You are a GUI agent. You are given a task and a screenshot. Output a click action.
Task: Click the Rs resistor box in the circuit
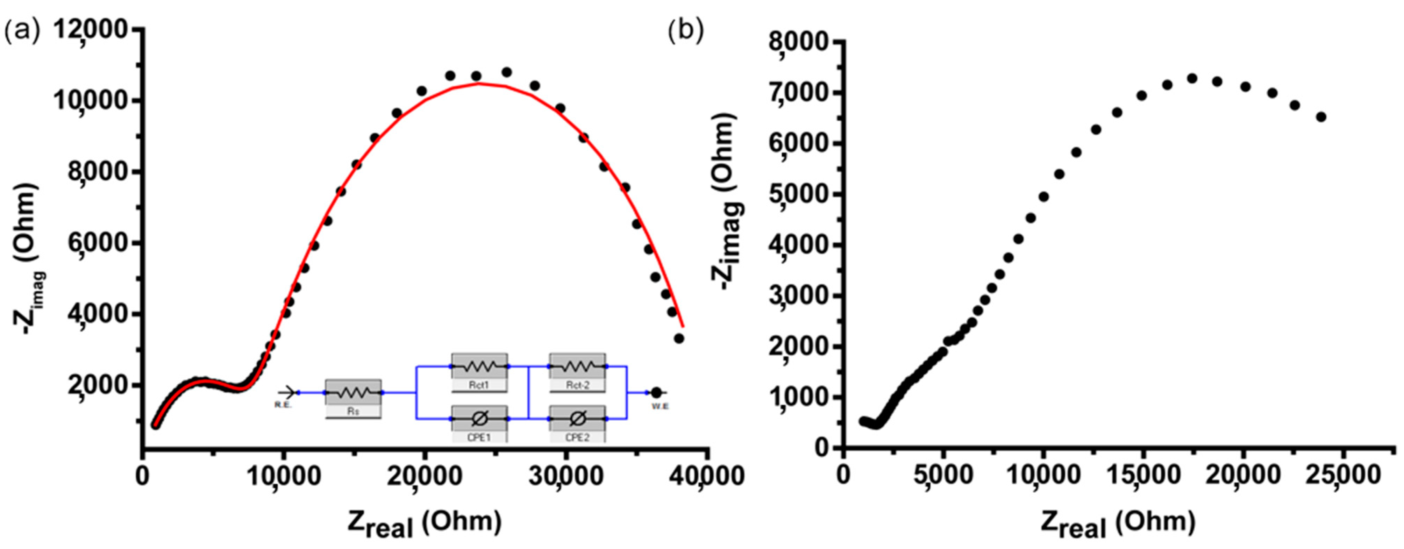pos(353,393)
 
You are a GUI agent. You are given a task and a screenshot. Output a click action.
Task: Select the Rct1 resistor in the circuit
pos(479,367)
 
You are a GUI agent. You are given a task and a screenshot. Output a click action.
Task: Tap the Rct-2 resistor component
pos(577,367)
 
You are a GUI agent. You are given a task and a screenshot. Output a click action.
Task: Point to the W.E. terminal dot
pos(656,393)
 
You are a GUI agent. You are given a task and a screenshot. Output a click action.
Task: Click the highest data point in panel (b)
pos(1192,79)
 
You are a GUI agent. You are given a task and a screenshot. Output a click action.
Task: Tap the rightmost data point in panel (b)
pos(1321,117)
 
